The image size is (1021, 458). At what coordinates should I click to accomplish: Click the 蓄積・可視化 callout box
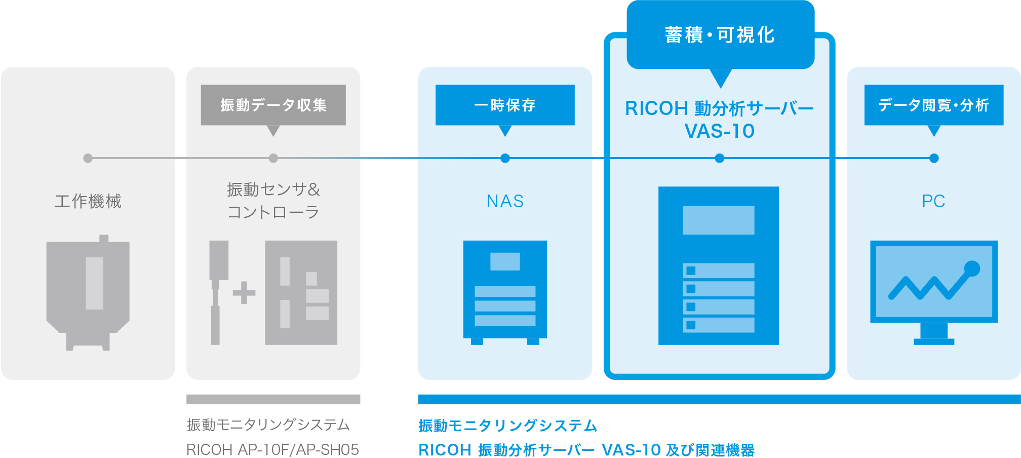[720, 35]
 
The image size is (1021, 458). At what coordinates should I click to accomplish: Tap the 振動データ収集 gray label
[273, 105]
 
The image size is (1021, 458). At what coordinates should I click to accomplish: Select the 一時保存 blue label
[505, 105]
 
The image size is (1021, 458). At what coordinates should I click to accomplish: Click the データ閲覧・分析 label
[933, 105]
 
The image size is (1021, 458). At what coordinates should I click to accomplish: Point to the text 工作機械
[88, 201]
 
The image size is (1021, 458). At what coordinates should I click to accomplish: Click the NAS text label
[505, 201]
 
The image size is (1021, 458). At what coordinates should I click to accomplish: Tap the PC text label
[933, 201]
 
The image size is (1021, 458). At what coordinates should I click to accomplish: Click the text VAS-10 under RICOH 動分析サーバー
[719, 131]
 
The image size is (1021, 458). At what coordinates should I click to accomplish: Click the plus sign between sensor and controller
[244, 293]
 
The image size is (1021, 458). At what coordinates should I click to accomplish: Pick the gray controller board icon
[301, 293]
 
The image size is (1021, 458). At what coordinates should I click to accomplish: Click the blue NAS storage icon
[505, 291]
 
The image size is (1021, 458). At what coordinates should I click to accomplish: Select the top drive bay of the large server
[718, 271]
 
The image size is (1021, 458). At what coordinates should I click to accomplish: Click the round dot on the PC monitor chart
[972, 269]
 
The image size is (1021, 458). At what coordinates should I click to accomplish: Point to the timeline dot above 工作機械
[88, 158]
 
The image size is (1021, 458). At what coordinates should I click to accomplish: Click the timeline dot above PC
[934, 158]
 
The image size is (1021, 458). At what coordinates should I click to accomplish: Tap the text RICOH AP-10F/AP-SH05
[272, 449]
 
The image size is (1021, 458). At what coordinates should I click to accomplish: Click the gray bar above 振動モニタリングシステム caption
[273, 399]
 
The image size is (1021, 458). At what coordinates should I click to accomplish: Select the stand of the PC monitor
[934, 334]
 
